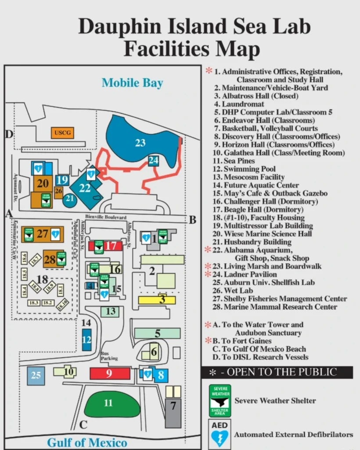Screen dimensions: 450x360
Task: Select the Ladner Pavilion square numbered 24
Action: click(x=153, y=161)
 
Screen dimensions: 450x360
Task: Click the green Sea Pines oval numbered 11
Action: click(x=108, y=403)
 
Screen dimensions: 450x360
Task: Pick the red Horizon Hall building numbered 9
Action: click(x=110, y=373)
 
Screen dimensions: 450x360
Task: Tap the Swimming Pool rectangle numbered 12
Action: click(x=86, y=340)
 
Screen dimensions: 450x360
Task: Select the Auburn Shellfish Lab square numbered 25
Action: click(x=36, y=376)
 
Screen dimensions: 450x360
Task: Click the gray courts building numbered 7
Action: click(x=173, y=412)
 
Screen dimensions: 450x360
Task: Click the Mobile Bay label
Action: click(x=132, y=83)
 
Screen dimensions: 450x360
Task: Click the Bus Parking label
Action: click(x=109, y=356)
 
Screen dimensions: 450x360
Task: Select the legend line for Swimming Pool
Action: click(x=244, y=169)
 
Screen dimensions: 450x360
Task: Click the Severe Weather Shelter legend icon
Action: click(x=220, y=400)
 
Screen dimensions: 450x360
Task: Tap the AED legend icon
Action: click(x=220, y=434)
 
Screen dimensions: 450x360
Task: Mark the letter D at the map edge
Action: click(x=9, y=134)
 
